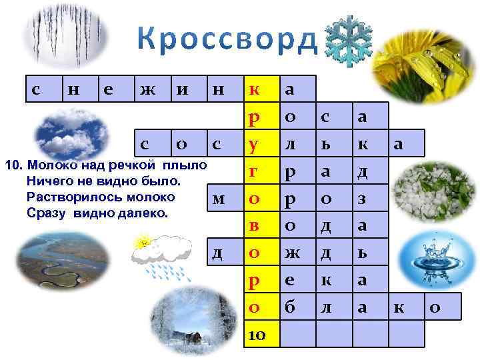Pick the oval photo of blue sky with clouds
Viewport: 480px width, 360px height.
click(70, 134)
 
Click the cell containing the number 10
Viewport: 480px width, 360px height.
click(257, 334)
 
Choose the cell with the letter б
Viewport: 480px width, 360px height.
click(291, 307)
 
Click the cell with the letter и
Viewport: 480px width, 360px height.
click(181, 89)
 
